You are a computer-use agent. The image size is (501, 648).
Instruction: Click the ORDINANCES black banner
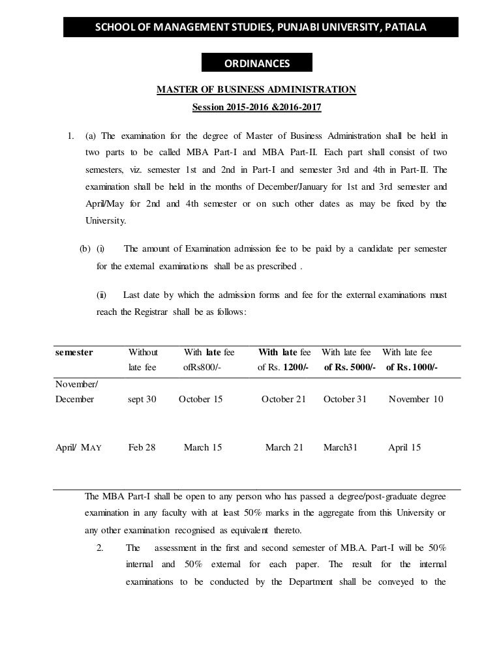[258, 63]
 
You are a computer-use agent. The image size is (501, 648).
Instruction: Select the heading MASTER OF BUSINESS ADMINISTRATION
[256, 89]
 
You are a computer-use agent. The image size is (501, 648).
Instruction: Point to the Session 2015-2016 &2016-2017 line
[256, 106]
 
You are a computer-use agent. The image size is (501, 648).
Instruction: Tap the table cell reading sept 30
[142, 399]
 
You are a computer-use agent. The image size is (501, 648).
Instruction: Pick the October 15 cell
[200, 399]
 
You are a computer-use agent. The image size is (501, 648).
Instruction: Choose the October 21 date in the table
[283, 399]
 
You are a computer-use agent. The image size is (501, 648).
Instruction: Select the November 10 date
[416, 399]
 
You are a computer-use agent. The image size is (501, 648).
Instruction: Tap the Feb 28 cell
[142, 447]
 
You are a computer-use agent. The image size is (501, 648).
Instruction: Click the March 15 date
[203, 447]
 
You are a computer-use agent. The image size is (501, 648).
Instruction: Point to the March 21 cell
[284, 447]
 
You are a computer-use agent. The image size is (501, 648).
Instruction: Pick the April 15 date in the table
[404, 447]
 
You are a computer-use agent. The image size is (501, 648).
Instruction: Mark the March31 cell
[341, 447]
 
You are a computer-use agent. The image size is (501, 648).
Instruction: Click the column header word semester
[74, 352]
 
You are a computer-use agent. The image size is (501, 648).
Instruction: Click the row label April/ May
[82, 447]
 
